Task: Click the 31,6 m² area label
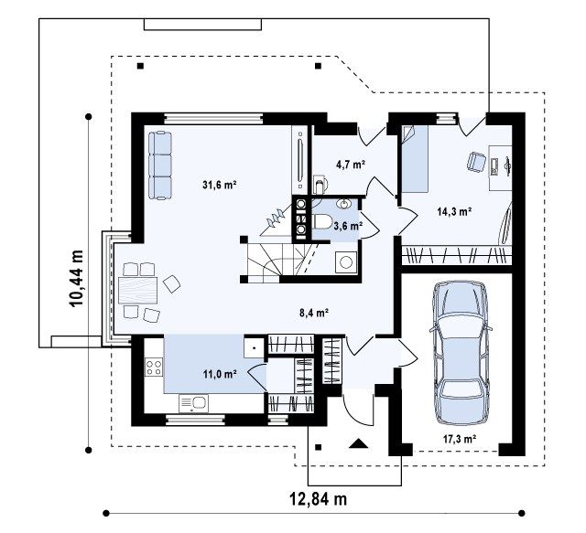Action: [x=220, y=185]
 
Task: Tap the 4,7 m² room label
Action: [x=350, y=164]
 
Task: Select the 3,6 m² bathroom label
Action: [x=348, y=226]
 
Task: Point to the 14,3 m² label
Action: [x=454, y=211]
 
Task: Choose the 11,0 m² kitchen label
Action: [x=220, y=374]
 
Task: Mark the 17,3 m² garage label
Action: [x=460, y=439]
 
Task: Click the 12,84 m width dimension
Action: [x=319, y=498]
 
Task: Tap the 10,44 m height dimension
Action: [x=76, y=278]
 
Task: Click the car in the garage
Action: [x=461, y=353]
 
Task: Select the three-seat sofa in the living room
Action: [x=160, y=165]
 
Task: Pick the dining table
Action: [x=137, y=290]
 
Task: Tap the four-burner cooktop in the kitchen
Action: [x=154, y=367]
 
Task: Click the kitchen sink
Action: [x=193, y=403]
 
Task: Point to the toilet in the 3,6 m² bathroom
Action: [x=321, y=222]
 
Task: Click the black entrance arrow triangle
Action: [x=359, y=443]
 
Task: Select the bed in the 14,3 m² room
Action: [x=415, y=159]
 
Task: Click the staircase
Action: [x=279, y=260]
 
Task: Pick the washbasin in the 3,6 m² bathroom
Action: [x=344, y=204]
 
